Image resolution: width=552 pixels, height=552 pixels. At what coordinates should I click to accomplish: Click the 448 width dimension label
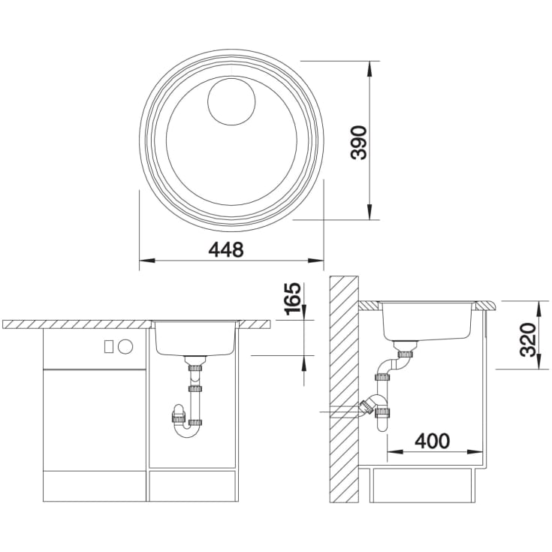pos(225,249)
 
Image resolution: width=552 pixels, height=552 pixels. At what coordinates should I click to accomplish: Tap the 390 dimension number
pos(360,142)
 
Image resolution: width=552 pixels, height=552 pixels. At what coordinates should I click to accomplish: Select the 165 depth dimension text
pos(293,299)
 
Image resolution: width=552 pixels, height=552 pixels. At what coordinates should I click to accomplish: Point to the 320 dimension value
pos(527,339)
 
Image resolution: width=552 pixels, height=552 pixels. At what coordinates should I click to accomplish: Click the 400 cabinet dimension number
pos(432,441)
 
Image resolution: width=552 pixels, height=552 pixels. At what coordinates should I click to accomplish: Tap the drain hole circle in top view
pos(231,101)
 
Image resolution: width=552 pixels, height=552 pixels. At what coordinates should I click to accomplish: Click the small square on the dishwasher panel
pos(108,347)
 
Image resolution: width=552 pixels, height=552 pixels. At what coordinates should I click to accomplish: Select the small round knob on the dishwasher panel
pos(125,347)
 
